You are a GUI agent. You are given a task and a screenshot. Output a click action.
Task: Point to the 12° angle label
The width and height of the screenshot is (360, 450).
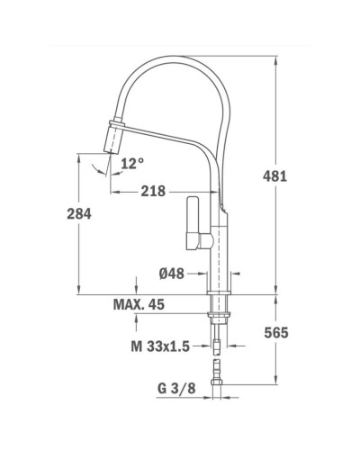131,163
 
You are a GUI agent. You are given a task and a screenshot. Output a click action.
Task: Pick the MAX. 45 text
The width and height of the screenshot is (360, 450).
139,306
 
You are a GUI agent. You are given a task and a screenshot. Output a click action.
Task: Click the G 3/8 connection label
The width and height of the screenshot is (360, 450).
169,391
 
